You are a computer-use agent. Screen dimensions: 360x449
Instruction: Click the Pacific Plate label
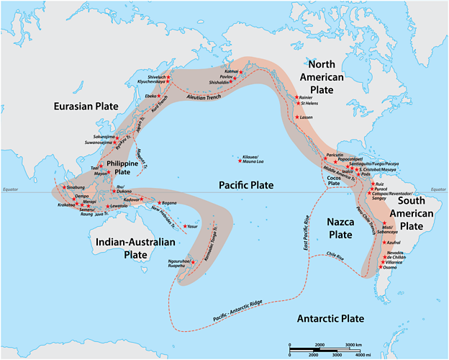[x=246, y=185]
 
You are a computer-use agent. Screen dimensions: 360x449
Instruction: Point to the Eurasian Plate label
[x=86, y=106]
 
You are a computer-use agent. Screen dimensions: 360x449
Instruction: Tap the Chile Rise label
[x=336, y=254]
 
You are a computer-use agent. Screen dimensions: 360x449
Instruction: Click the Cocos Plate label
[x=334, y=179]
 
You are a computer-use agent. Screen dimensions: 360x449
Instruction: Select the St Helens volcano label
[x=309, y=104]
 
